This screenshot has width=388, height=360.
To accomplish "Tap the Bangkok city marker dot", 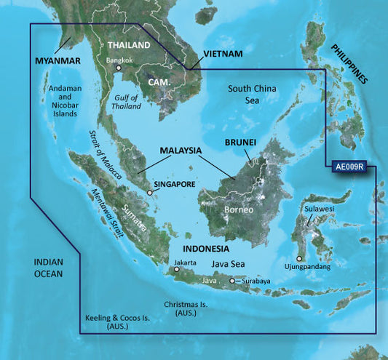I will point(119,68).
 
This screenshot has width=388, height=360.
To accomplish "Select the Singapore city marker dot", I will point(150,193).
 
